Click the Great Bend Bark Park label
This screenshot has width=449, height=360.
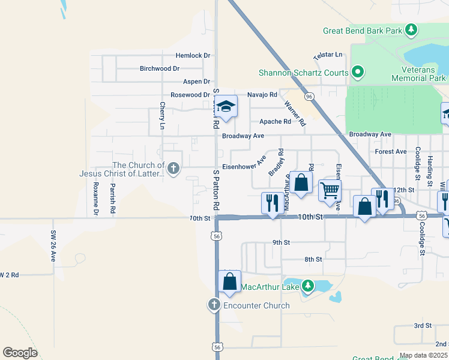point(363,30)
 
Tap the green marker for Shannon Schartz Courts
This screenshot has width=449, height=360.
point(358,73)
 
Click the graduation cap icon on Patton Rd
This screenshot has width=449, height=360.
point(226,107)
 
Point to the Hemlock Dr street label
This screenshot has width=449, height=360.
point(193,55)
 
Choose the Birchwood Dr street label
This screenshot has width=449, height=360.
point(160,68)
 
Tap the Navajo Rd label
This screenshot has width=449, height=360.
point(263,95)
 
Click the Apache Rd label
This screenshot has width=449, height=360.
point(275,121)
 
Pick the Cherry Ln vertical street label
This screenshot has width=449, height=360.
point(163,116)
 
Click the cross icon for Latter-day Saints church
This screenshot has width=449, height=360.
point(173,169)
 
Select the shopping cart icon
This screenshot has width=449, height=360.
point(330,190)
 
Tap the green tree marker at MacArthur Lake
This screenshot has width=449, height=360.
point(307,285)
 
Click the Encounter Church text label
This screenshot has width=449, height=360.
point(256,305)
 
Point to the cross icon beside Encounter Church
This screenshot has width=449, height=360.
point(214,305)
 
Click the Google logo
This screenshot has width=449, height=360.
point(20,353)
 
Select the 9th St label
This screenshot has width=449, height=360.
point(281,242)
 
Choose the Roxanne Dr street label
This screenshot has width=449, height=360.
point(95,199)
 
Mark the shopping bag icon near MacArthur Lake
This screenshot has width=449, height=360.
point(229,281)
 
